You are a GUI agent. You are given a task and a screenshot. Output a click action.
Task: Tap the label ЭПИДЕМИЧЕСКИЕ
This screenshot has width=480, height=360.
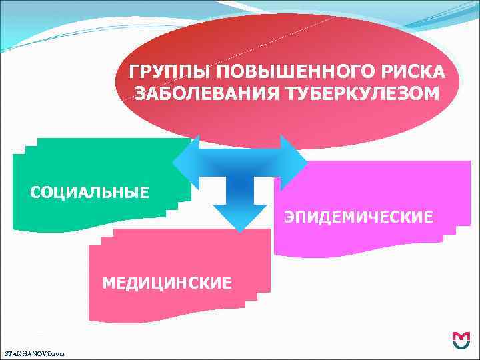[359, 217]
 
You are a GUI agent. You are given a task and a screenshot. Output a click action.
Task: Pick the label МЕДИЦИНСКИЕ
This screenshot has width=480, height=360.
[167, 283]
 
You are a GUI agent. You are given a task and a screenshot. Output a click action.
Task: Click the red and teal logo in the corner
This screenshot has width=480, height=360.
[461, 341]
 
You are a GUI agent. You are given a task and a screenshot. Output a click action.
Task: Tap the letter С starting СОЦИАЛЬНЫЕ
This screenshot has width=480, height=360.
[35, 193]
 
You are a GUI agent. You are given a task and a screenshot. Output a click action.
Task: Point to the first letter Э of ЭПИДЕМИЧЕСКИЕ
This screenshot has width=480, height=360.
[289, 217]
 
